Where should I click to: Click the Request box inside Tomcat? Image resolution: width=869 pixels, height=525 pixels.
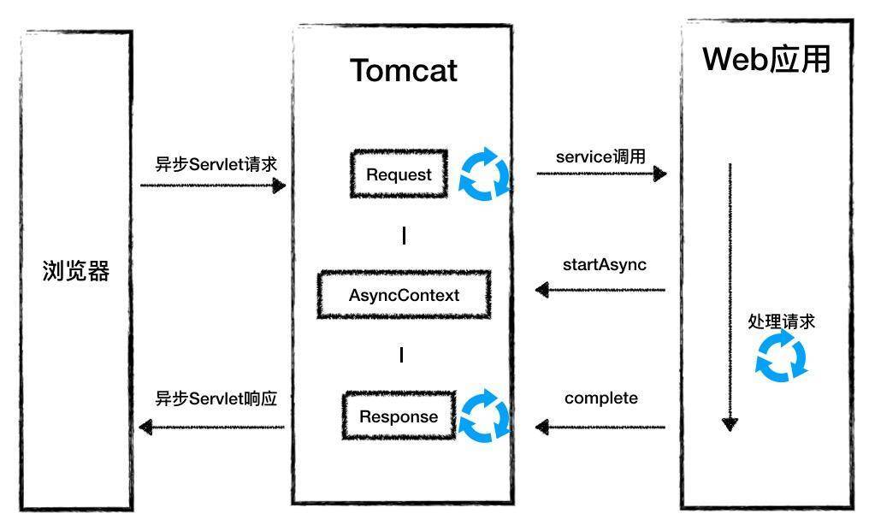pos(399,174)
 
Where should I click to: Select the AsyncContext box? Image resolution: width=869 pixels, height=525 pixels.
pos(404,295)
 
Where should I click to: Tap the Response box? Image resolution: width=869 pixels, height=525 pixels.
pos(399,416)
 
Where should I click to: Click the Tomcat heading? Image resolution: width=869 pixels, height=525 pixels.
pos(403,70)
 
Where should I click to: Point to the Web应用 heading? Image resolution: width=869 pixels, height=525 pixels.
pos(766,59)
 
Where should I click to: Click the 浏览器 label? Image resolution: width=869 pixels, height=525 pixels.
pos(76,271)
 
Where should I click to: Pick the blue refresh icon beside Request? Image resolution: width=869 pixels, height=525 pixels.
pos(484,174)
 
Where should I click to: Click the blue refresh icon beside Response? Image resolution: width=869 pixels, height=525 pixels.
pos(484,416)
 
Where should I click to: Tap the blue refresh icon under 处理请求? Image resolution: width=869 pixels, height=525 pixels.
pos(781,357)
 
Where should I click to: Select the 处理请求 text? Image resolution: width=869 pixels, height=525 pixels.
pos(781,321)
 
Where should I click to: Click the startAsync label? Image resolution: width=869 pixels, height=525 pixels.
pos(604,264)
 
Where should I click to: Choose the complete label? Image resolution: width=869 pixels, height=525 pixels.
pos(600,398)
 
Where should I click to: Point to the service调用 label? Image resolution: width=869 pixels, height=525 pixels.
pos(600,156)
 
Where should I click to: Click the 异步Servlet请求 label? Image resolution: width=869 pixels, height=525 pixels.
pos(216,164)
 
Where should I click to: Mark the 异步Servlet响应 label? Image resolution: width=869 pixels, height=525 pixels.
pos(216,398)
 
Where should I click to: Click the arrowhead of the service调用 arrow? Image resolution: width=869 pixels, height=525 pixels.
pos(659,174)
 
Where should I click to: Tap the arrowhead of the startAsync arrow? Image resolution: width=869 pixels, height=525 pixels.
pos(542,290)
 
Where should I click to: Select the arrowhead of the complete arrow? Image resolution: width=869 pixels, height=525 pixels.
pos(542,426)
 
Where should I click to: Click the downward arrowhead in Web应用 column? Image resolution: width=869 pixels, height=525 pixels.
pos(730,423)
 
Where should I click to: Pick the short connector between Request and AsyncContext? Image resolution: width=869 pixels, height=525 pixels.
pos(404,235)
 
